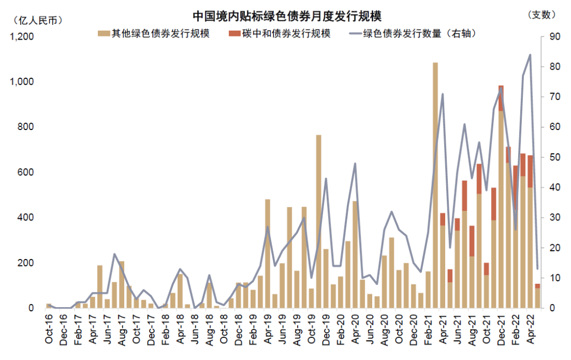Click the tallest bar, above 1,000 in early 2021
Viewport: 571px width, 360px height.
coord(435,185)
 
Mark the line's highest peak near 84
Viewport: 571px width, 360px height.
coord(530,54)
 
